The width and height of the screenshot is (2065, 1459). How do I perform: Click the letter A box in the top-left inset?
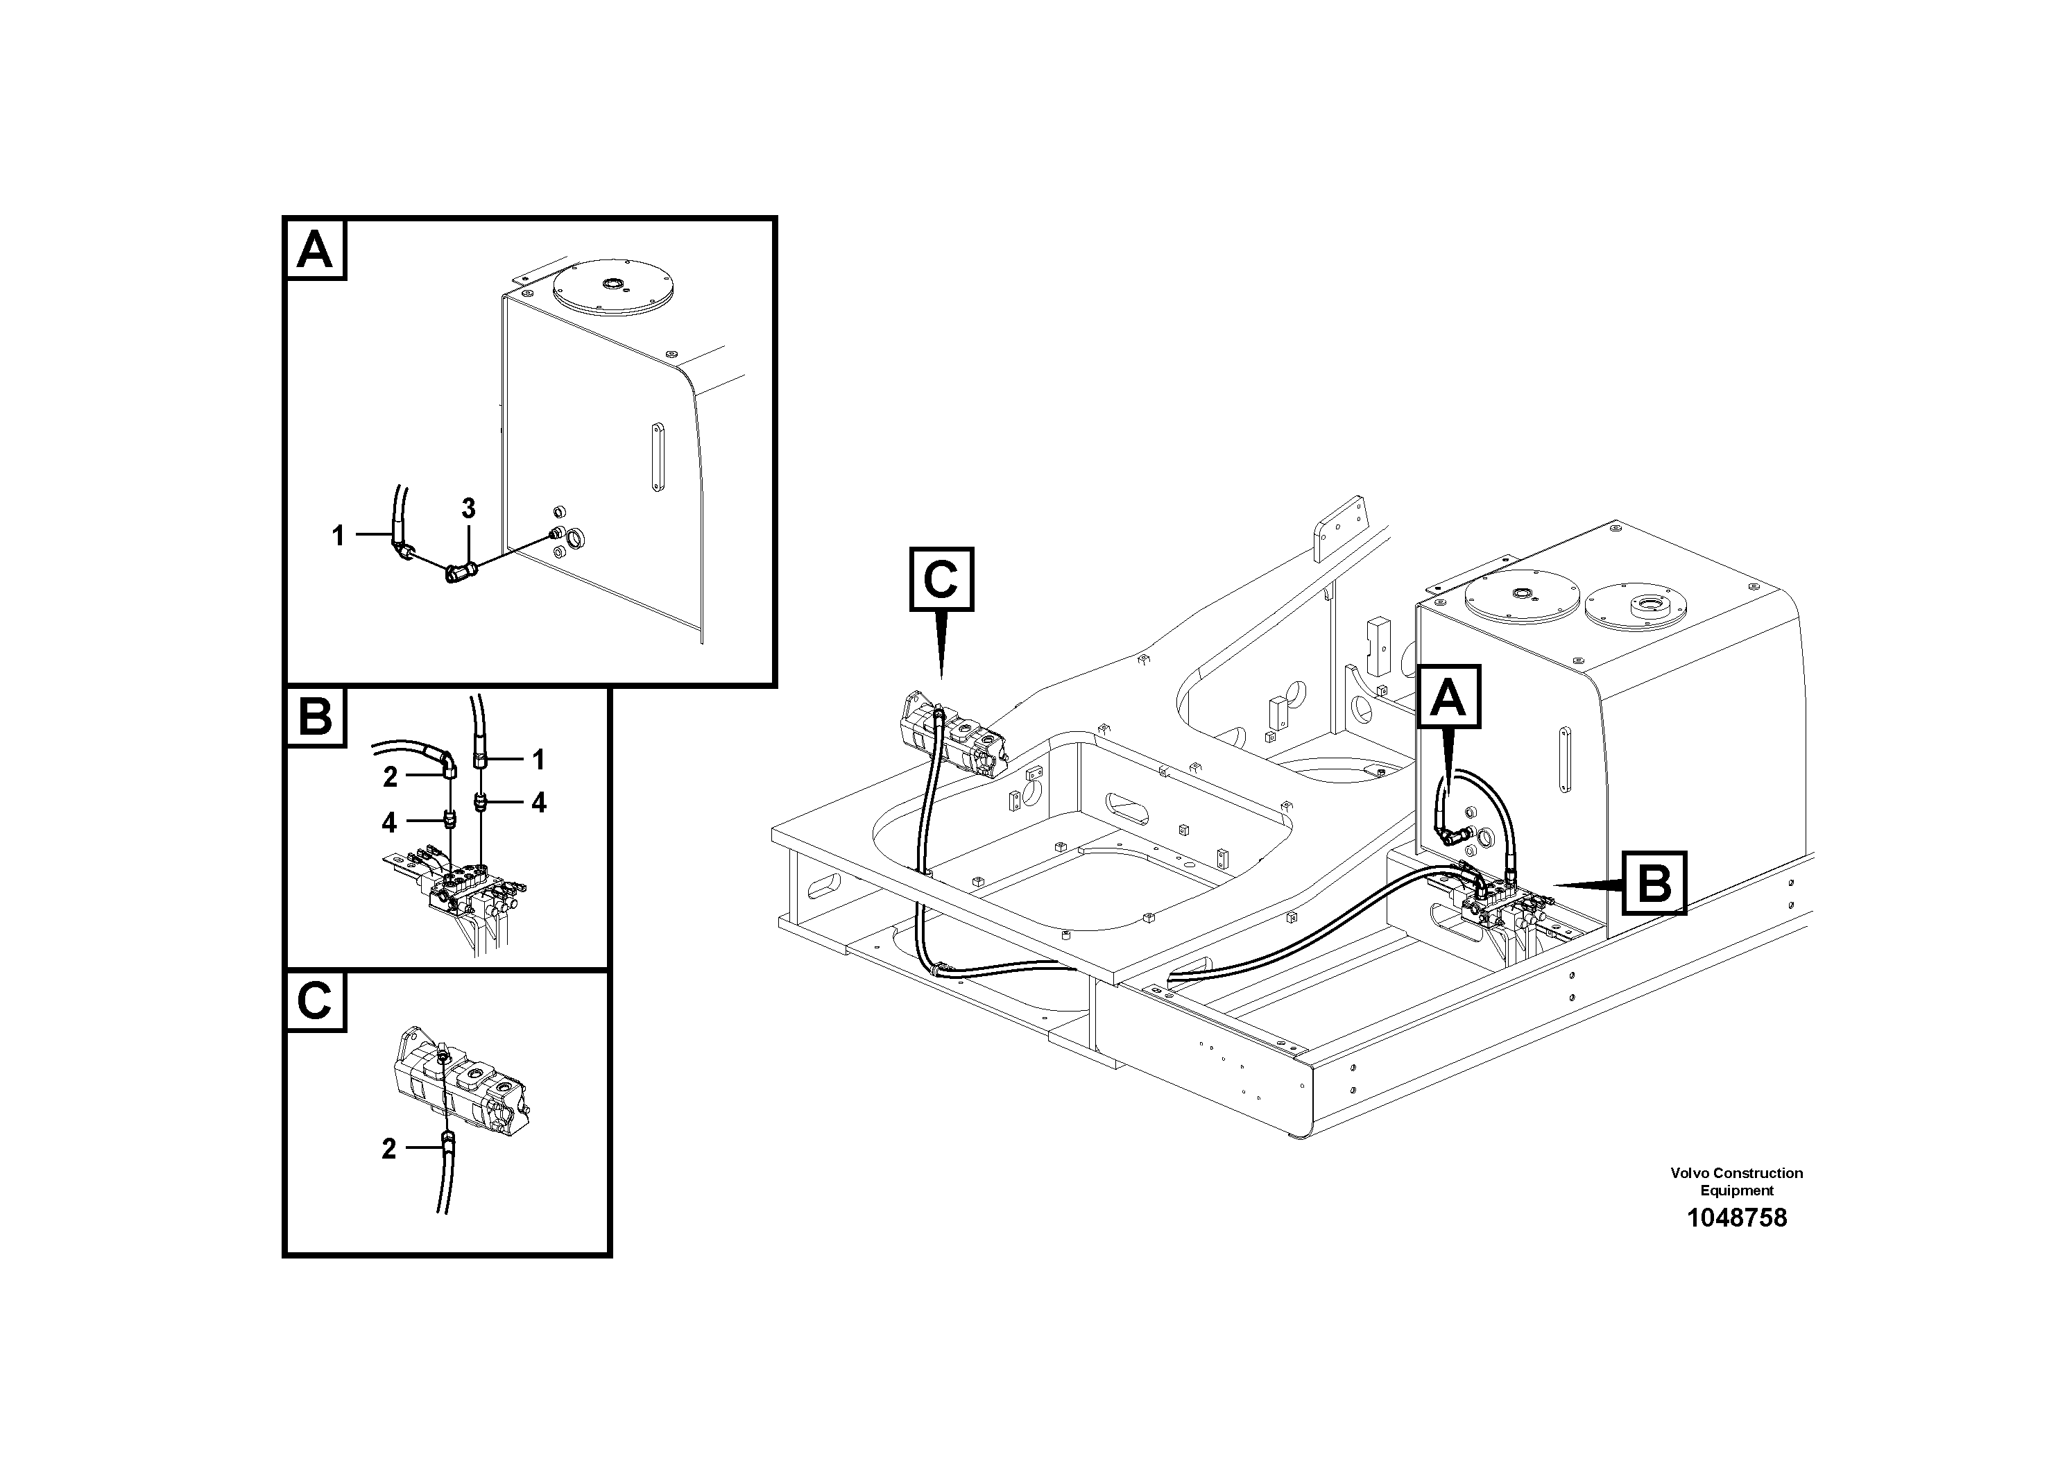pyautogui.click(x=315, y=249)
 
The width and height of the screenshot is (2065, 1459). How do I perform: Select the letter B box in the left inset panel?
pyautogui.click(x=315, y=717)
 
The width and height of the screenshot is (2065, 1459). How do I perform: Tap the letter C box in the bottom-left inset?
pyautogui.click(x=315, y=1000)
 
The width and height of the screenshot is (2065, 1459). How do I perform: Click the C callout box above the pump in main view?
pyautogui.click(x=941, y=579)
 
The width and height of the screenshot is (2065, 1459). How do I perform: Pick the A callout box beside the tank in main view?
pyautogui.click(x=1448, y=697)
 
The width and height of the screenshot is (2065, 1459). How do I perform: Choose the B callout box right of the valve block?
pyautogui.click(x=1654, y=882)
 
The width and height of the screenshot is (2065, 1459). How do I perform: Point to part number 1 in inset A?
pyautogui.click(x=339, y=536)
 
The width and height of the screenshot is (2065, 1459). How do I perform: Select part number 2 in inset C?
pyautogui.click(x=388, y=1149)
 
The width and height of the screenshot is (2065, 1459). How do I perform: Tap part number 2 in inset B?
pyautogui.click(x=389, y=777)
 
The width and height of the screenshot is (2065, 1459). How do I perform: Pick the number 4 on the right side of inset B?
pyautogui.click(x=539, y=803)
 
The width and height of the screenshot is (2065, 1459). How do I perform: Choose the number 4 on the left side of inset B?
pyautogui.click(x=388, y=821)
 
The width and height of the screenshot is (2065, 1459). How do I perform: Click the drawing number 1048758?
pyautogui.click(x=1736, y=1219)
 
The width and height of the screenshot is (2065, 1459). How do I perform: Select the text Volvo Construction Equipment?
pyautogui.click(x=1736, y=1181)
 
